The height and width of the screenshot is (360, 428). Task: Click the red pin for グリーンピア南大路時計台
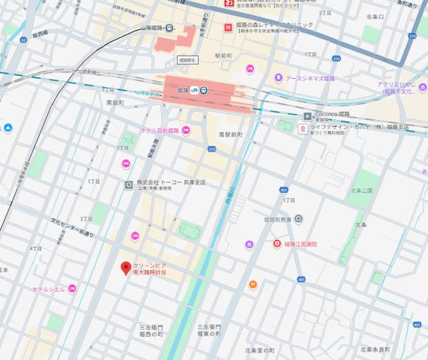[x=126, y=268]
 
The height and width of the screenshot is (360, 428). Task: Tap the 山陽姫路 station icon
[x=170, y=29]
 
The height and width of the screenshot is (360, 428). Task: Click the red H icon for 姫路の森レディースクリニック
[x=228, y=28]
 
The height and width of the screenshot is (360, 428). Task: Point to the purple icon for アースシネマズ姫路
[x=279, y=77]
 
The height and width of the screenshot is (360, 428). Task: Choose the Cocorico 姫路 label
[x=333, y=114]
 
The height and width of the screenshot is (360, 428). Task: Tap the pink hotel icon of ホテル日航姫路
[x=186, y=130]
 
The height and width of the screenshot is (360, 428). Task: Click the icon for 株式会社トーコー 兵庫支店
[x=129, y=184]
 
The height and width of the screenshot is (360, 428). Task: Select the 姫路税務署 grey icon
[x=298, y=219]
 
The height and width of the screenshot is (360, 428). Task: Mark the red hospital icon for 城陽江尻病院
[x=276, y=244]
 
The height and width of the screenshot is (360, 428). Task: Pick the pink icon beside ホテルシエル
[x=72, y=289]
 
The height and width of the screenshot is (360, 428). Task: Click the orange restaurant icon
[x=253, y=285]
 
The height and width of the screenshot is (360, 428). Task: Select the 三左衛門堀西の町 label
[x=151, y=331]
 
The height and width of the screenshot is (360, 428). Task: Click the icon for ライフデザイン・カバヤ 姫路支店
[x=302, y=129]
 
